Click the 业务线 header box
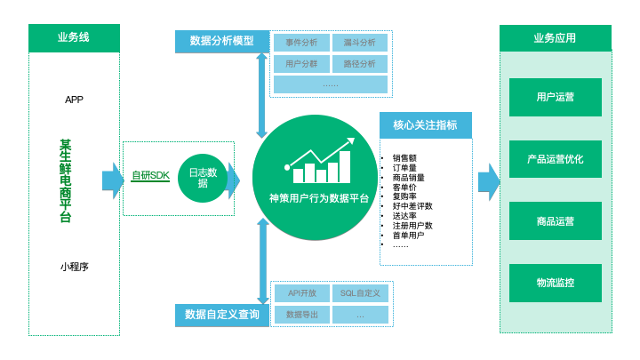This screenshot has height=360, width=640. pos(74,37)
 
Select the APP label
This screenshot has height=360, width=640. pos(74,100)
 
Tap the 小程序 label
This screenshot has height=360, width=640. pos(74,267)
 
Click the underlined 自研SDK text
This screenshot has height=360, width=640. pos(150,176)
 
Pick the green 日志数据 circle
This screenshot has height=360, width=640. pos(203,178)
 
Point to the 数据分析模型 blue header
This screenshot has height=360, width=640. pos(221,42)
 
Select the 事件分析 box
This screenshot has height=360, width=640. pos(301,42)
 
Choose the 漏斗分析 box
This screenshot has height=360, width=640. pos(359,42)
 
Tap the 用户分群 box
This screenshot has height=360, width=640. pos(301,64)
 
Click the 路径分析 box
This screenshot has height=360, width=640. pos(359,64)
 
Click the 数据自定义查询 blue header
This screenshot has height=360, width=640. pos(222,315)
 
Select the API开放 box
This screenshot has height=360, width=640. pos(301,293)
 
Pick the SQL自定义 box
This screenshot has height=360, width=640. pos(359,293)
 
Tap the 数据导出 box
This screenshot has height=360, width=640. pos(301,315)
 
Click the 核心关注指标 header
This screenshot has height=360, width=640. pos(425,125)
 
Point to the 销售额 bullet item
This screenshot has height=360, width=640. pos(404,158)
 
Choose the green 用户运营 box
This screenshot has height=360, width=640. pos(555,97)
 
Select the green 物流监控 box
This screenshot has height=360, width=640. pos(555,283)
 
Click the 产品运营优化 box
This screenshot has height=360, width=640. pos(555,159)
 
